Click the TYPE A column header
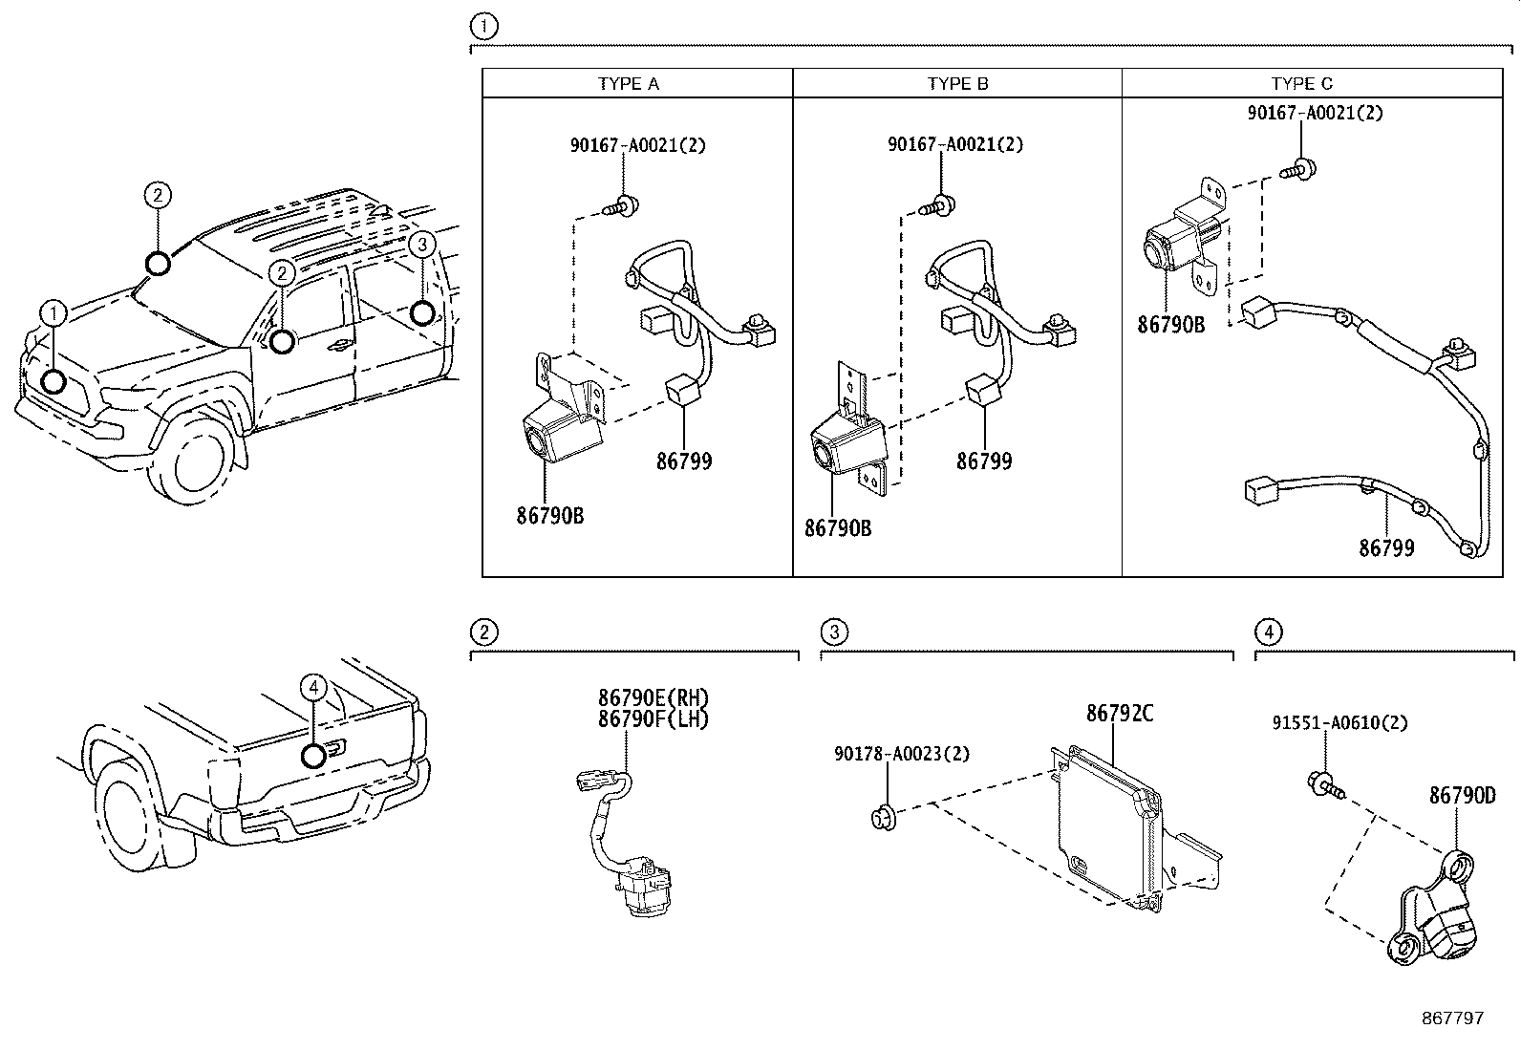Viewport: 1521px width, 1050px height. tap(628, 83)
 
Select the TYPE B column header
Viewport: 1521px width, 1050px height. tap(957, 83)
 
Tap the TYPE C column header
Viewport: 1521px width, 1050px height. tap(1301, 83)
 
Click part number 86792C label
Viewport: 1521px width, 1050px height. tap(1119, 714)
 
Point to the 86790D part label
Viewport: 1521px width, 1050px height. tap(1462, 795)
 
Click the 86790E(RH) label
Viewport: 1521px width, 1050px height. tap(653, 698)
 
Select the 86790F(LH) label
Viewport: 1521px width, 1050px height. tap(653, 719)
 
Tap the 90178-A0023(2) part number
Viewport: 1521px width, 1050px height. tap(901, 754)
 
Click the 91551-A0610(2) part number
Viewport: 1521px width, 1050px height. tap(1339, 723)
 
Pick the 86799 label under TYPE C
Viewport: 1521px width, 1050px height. tap(1386, 548)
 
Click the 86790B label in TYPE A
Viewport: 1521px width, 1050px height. tap(549, 516)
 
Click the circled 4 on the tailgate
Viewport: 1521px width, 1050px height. tap(313, 686)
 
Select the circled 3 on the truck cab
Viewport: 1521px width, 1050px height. tap(421, 245)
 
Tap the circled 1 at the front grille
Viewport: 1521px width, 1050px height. tap(54, 312)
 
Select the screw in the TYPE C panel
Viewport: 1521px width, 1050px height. tap(1298, 170)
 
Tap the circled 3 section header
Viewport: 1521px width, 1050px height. tap(834, 632)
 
